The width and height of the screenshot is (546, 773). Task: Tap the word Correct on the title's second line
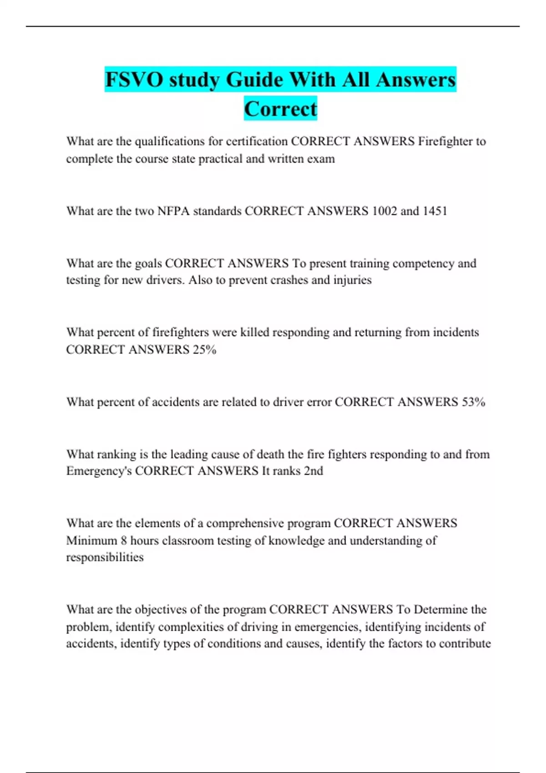point(280,109)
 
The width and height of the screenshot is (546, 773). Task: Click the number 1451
point(435,211)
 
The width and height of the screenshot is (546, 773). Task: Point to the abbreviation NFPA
point(173,211)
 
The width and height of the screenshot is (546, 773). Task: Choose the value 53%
point(473,402)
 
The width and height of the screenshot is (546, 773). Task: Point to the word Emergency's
point(99,471)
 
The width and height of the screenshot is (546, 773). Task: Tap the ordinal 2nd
point(313,471)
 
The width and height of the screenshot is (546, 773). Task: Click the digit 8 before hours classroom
point(124,540)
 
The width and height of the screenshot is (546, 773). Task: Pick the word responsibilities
point(105,557)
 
